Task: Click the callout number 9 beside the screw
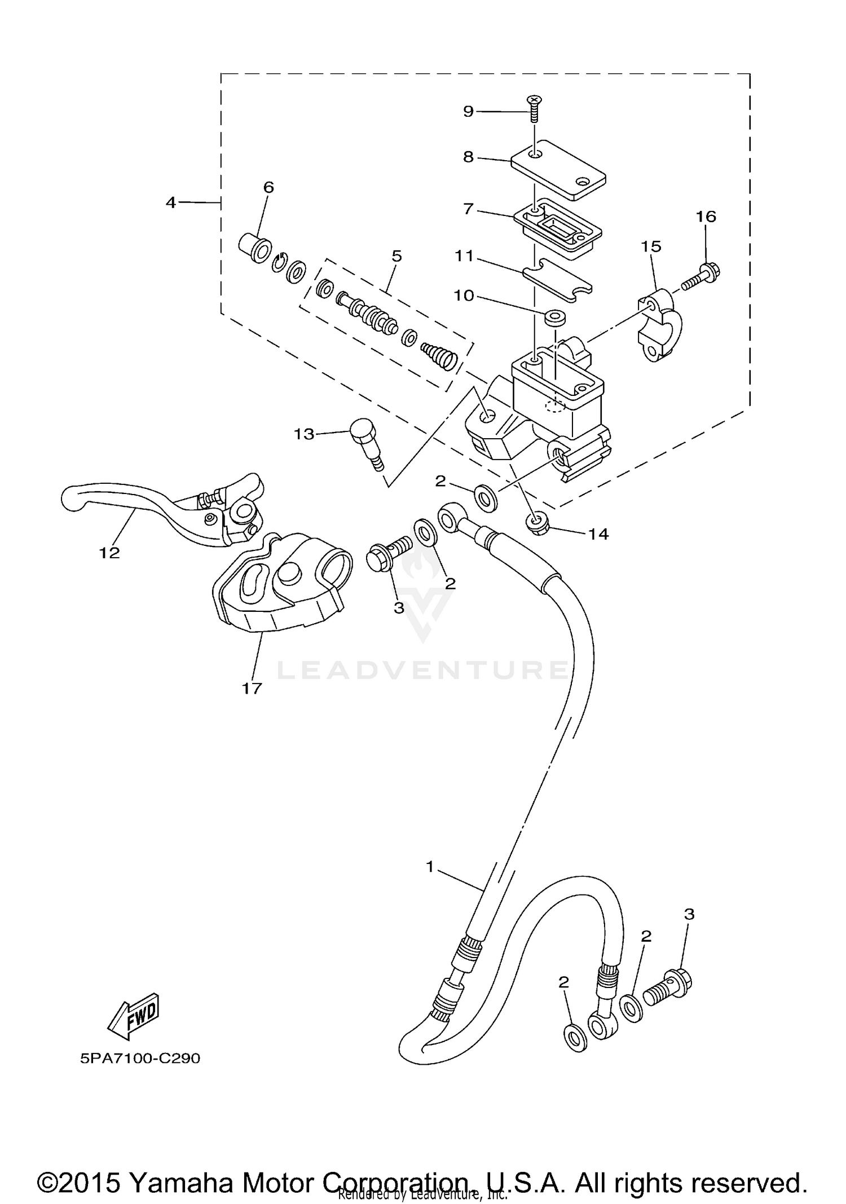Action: pos(468,111)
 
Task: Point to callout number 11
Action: pos(464,256)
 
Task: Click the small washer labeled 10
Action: pos(554,317)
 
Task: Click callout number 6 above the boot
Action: pos(268,187)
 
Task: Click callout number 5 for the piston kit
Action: pos(396,256)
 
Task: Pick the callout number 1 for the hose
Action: pos(430,867)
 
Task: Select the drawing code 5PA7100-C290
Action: pos(140,1059)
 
